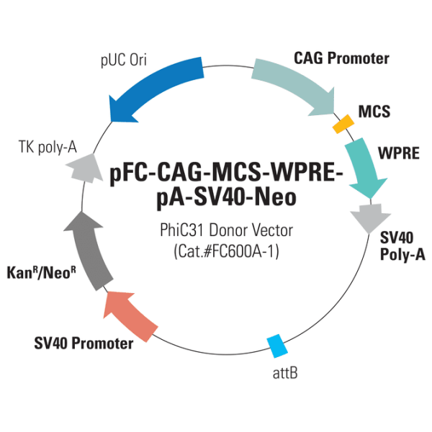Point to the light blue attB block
pyautogui.click(x=276, y=346)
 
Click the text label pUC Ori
pyautogui.click(x=123, y=60)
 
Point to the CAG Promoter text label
pyautogui.click(x=341, y=58)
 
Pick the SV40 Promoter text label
pyautogui.click(x=84, y=343)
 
